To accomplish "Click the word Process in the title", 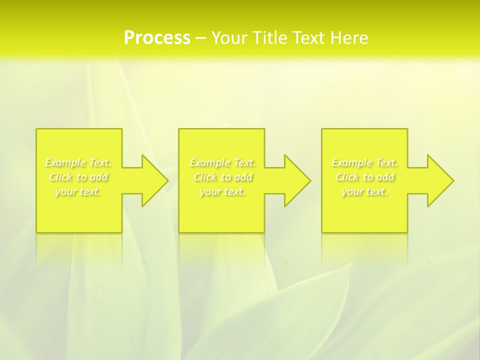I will (157, 38).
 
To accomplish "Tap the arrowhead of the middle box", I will (296, 180).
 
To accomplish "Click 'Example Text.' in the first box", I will (78, 162).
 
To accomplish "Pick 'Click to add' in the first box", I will (78, 177).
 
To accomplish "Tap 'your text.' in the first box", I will (78, 191).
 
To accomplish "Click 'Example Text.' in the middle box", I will (222, 162).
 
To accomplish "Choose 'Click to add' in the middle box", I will (222, 177).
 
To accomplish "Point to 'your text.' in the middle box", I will (222, 191).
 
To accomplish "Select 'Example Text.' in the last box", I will (365, 162).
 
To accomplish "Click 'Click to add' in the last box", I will (365, 177).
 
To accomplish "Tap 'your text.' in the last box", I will (365, 191).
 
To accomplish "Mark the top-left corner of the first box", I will (36, 129).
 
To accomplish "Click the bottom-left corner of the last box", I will (322, 232).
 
